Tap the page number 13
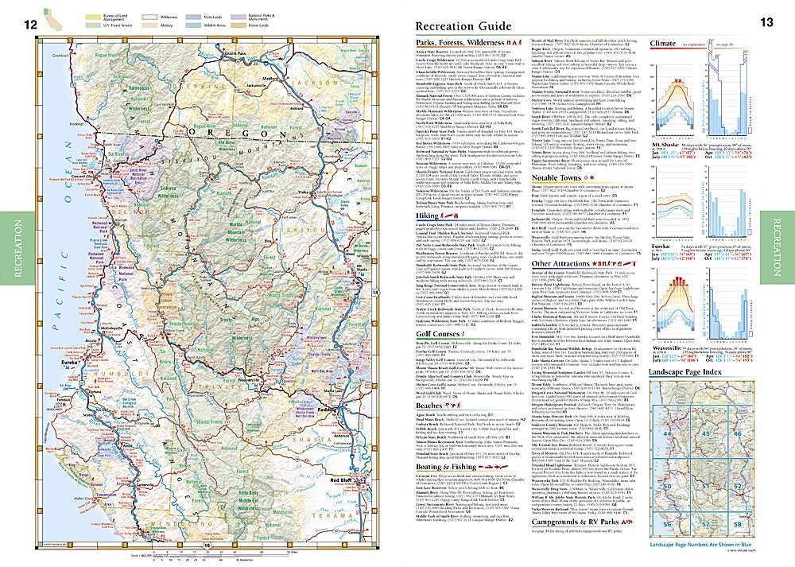(766, 22)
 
